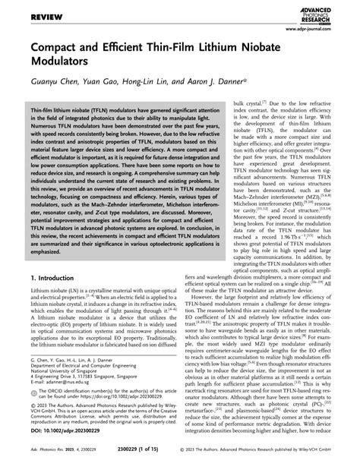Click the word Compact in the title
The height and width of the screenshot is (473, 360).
pos(54,51)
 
